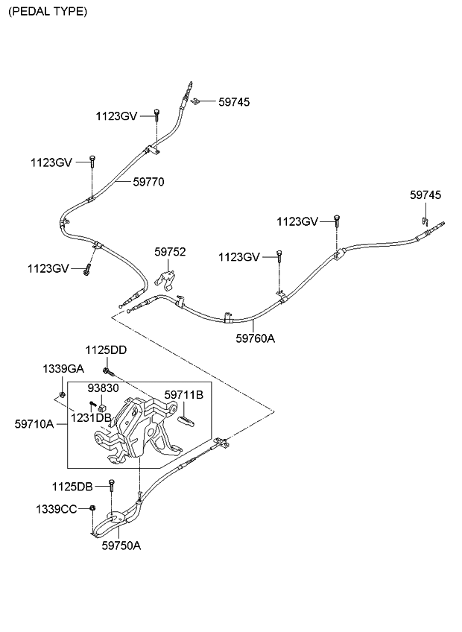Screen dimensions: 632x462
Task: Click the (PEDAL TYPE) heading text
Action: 47,12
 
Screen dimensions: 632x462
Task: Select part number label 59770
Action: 149,181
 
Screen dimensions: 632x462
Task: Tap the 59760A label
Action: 256,338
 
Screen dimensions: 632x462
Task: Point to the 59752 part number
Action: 170,253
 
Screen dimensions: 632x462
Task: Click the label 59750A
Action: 121,545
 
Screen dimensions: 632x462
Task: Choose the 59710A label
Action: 34,423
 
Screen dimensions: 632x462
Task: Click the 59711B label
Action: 183,394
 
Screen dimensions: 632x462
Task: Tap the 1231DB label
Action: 92,417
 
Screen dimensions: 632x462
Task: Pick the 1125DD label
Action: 106,350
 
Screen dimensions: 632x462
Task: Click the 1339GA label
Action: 63,369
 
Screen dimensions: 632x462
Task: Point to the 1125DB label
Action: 72,487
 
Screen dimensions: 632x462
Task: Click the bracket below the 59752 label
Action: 167,280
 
